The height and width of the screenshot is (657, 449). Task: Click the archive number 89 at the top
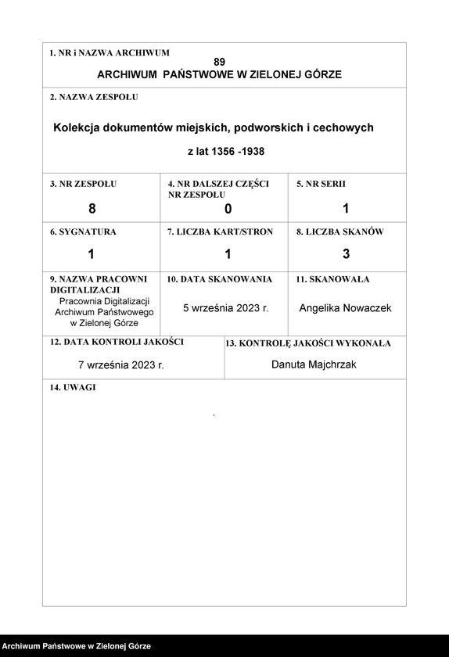tap(219, 62)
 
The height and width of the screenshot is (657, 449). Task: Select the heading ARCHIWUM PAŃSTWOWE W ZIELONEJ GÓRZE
tap(219, 75)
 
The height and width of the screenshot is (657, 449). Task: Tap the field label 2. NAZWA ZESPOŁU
tap(94, 98)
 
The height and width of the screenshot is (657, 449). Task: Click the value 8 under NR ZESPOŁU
tap(92, 208)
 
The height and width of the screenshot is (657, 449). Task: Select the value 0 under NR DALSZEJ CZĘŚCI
tap(228, 208)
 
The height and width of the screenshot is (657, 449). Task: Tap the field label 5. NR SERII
tap(321, 184)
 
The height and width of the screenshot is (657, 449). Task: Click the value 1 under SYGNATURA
tap(91, 253)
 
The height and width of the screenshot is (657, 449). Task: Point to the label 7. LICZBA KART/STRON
tap(220, 232)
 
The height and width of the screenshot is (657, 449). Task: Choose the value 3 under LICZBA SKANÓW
tap(346, 253)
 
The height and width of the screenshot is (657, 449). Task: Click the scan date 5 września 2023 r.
tap(226, 308)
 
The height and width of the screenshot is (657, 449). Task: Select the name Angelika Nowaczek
tap(345, 308)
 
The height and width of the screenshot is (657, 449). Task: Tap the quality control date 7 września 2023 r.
tap(121, 364)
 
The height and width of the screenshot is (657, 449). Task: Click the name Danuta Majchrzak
tap(314, 364)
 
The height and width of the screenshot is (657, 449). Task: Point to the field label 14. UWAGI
tap(73, 388)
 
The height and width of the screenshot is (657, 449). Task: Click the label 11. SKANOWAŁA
tap(332, 279)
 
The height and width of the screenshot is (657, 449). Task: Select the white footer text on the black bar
tap(77, 647)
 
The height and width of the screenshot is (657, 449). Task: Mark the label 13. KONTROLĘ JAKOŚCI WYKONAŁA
tap(308, 343)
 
